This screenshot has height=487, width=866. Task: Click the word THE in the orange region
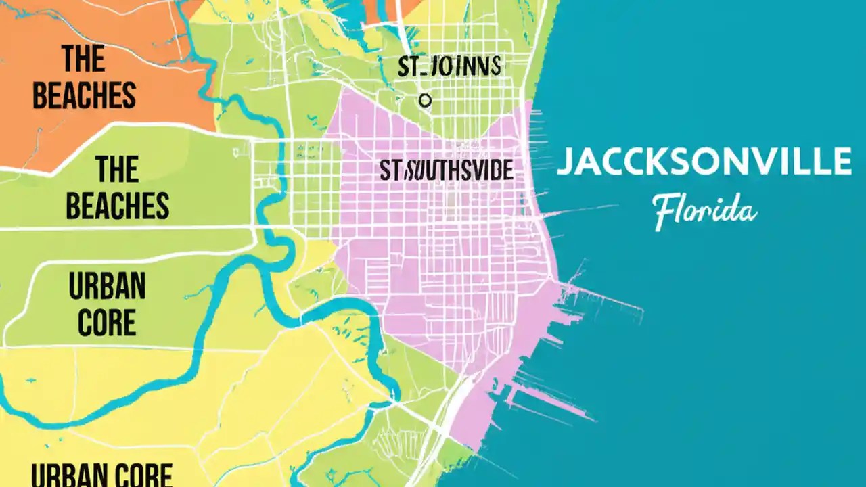[84, 59]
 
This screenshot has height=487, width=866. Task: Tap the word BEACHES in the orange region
[84, 95]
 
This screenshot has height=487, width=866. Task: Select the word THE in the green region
[117, 169]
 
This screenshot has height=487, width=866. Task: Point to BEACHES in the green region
[117, 205]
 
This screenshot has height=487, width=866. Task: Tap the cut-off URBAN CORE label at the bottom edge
[102, 475]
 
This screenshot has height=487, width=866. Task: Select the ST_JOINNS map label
[449, 68]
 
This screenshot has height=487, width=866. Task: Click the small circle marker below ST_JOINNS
[425, 101]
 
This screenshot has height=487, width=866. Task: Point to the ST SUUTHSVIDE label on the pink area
[446, 171]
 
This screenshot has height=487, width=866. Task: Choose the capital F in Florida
[664, 212]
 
